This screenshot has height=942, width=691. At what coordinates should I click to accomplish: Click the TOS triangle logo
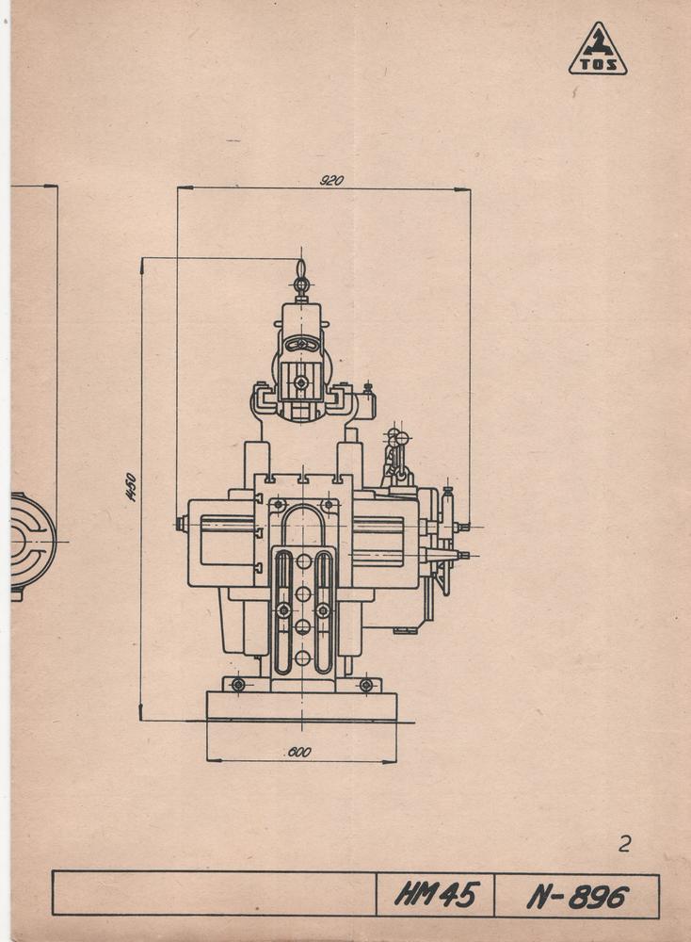point(598,51)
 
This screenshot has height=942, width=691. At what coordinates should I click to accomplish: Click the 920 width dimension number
point(331,180)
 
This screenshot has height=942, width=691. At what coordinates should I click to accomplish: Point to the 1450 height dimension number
point(132,487)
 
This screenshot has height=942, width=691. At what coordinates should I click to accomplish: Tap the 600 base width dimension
point(299,753)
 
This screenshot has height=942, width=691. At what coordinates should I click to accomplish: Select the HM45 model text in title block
point(436,895)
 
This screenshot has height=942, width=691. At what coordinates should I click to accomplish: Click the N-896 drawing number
point(577,896)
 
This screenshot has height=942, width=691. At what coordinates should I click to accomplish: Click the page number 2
point(624,844)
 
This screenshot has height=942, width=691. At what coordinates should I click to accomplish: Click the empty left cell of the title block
point(214,894)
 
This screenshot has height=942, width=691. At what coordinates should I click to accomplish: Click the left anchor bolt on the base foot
point(238,685)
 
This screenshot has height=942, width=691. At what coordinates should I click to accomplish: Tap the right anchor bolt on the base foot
point(366,685)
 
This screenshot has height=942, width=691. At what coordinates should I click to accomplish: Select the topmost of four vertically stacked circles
point(303,561)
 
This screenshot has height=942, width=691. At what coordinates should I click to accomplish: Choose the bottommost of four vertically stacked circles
point(303,658)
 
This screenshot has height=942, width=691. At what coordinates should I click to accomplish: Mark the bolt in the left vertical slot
point(283,610)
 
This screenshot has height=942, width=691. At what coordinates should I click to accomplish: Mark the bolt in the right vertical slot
point(323,610)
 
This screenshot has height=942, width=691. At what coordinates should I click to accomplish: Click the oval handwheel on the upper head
point(301,345)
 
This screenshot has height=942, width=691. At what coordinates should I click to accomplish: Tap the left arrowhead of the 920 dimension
point(180,188)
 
